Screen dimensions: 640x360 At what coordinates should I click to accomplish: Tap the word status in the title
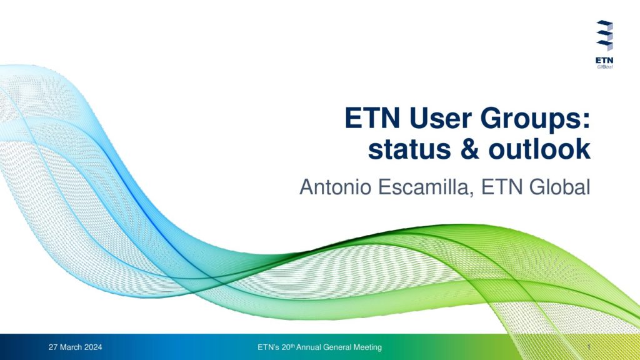[409, 149]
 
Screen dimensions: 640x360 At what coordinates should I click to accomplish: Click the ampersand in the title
[469, 149]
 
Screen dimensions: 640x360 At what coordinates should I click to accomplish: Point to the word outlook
[539, 149]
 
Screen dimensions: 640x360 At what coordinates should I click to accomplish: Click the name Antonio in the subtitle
[335, 187]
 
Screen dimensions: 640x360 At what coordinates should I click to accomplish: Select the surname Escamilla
[426, 187]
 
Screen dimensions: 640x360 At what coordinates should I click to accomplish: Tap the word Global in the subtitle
[559, 187]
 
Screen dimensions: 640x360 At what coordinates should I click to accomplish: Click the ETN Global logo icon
[604, 36]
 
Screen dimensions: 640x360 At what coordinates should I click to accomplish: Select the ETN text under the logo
[604, 61]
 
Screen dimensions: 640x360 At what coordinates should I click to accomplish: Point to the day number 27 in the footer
[52, 347]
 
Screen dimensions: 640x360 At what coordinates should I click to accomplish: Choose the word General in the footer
[337, 347]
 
